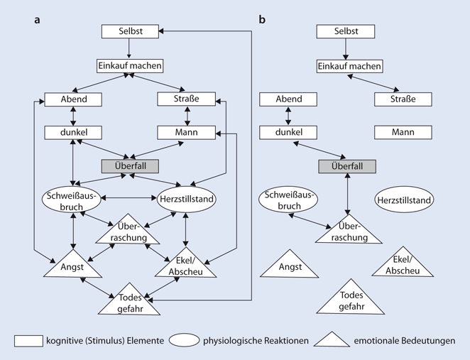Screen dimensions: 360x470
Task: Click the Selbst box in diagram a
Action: point(130,32)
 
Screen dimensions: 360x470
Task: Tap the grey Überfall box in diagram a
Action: point(130,165)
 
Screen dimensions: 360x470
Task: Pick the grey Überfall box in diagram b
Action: point(346,165)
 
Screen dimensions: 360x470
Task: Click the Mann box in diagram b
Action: point(403,132)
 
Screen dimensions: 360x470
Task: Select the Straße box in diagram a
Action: point(186,99)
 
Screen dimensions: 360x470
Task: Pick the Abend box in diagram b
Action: point(288,99)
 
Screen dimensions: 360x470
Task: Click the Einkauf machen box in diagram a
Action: point(130,65)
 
